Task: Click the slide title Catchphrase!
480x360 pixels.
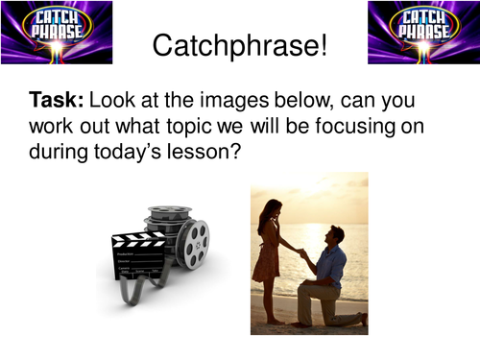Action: pos(240,44)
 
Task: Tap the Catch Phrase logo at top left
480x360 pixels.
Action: pos(57,33)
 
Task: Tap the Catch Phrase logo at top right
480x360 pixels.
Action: pos(422,33)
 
